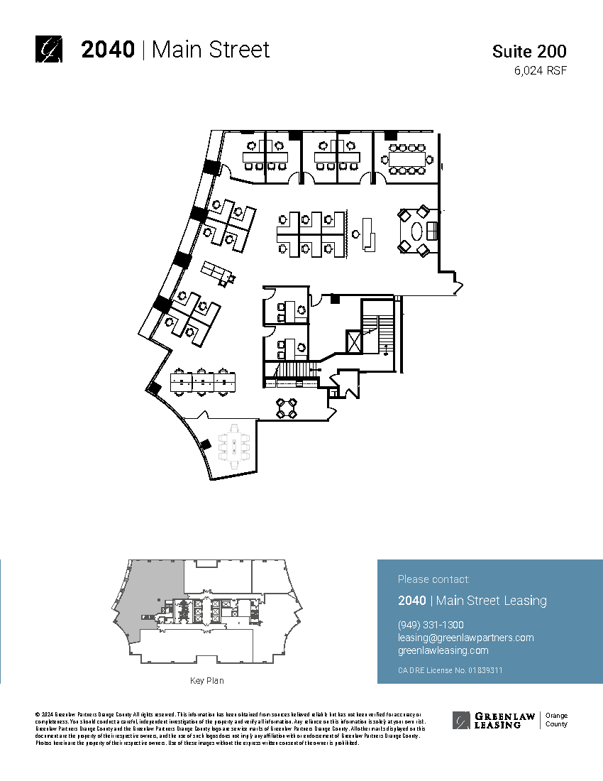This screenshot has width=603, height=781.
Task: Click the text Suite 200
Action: click(529, 51)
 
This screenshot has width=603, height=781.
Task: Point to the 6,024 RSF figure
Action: click(541, 70)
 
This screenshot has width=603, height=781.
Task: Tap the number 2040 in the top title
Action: click(108, 50)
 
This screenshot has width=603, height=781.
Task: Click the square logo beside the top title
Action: click(49, 49)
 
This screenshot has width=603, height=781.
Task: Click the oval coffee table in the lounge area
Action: click(417, 231)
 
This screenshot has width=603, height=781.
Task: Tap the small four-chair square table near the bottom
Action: click(287, 408)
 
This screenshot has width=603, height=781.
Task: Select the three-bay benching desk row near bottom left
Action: click(203, 382)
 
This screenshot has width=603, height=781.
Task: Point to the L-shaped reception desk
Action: click(368, 234)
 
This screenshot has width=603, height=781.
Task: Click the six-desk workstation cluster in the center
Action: click(310, 233)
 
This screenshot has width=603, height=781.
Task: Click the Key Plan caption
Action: click(206, 681)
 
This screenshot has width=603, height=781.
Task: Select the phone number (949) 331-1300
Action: click(431, 625)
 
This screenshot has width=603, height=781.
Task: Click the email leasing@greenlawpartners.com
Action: click(465, 638)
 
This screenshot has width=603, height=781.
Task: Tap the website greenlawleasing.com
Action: click(443, 650)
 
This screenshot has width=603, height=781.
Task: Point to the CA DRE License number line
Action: click(450, 670)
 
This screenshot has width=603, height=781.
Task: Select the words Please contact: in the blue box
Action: click(433, 579)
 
